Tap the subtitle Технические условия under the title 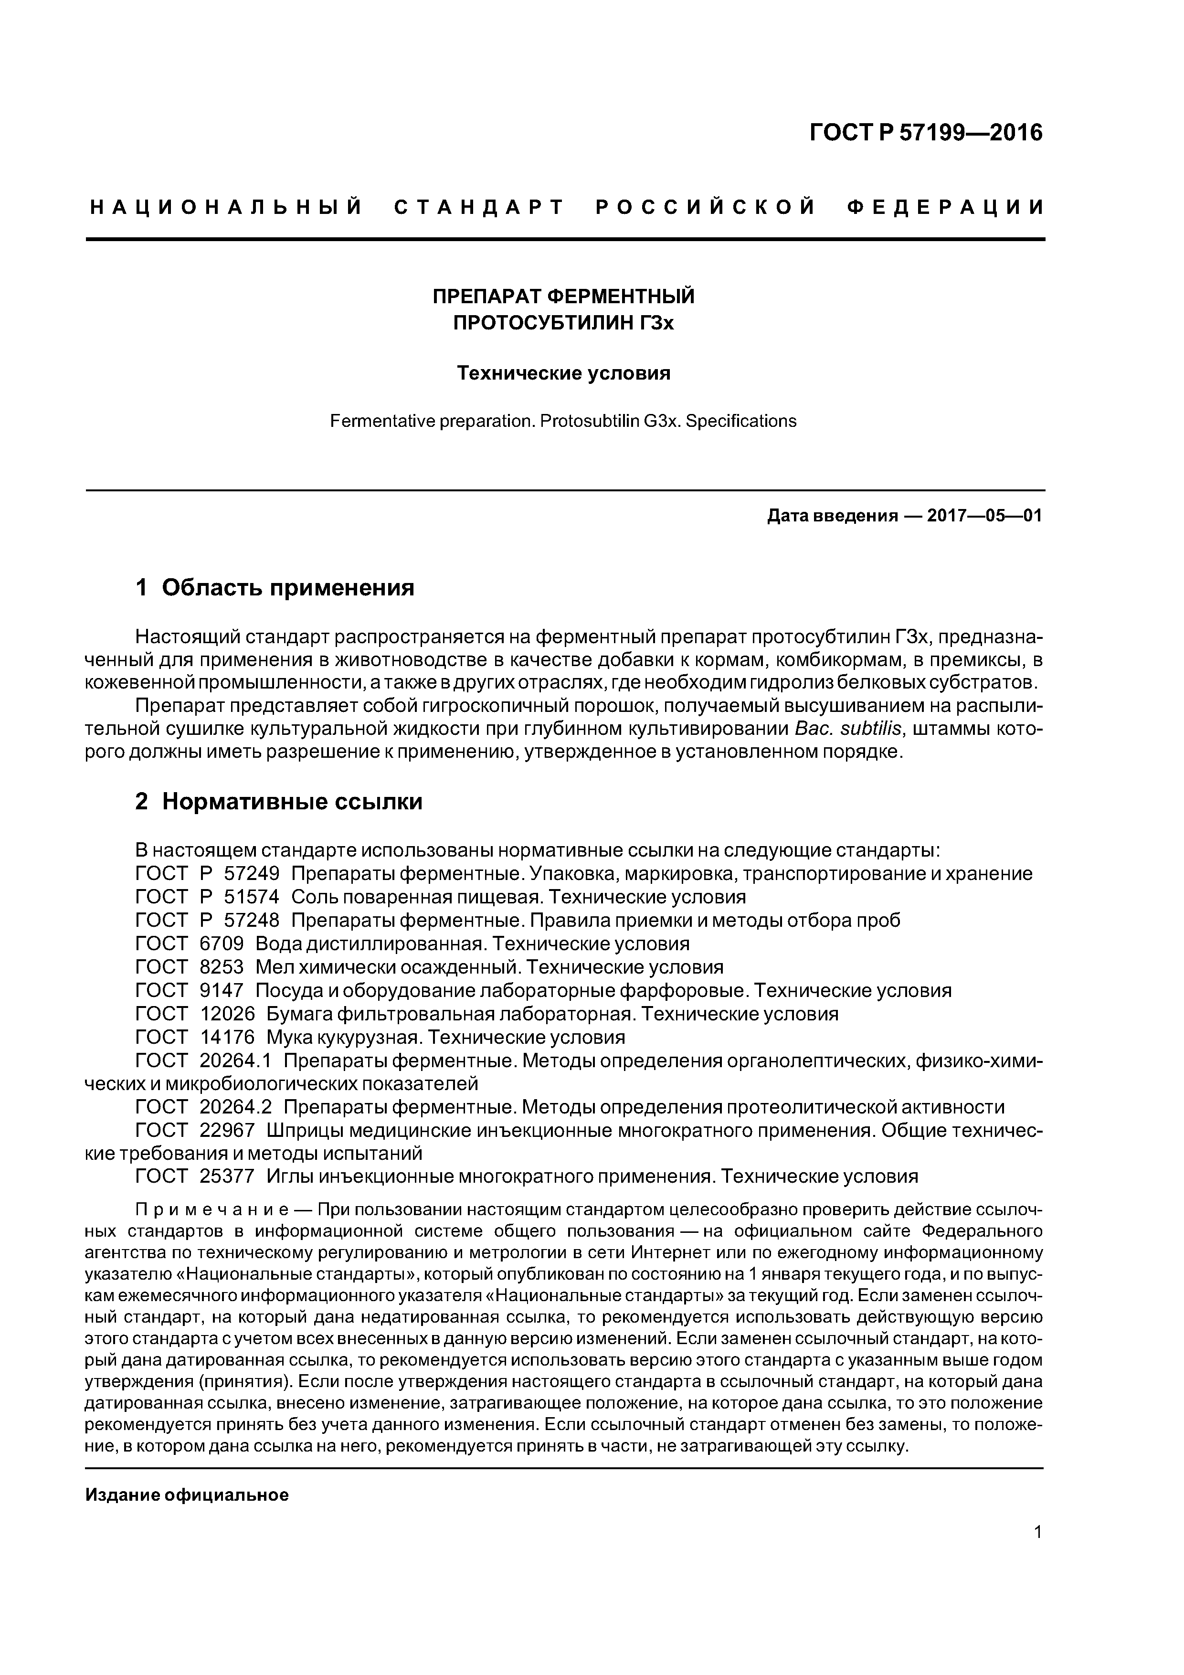(x=563, y=373)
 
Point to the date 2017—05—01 (x=984, y=517)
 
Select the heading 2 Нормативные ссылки (x=279, y=802)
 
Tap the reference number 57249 (x=252, y=874)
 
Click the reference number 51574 (x=252, y=897)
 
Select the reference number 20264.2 (x=236, y=1107)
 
